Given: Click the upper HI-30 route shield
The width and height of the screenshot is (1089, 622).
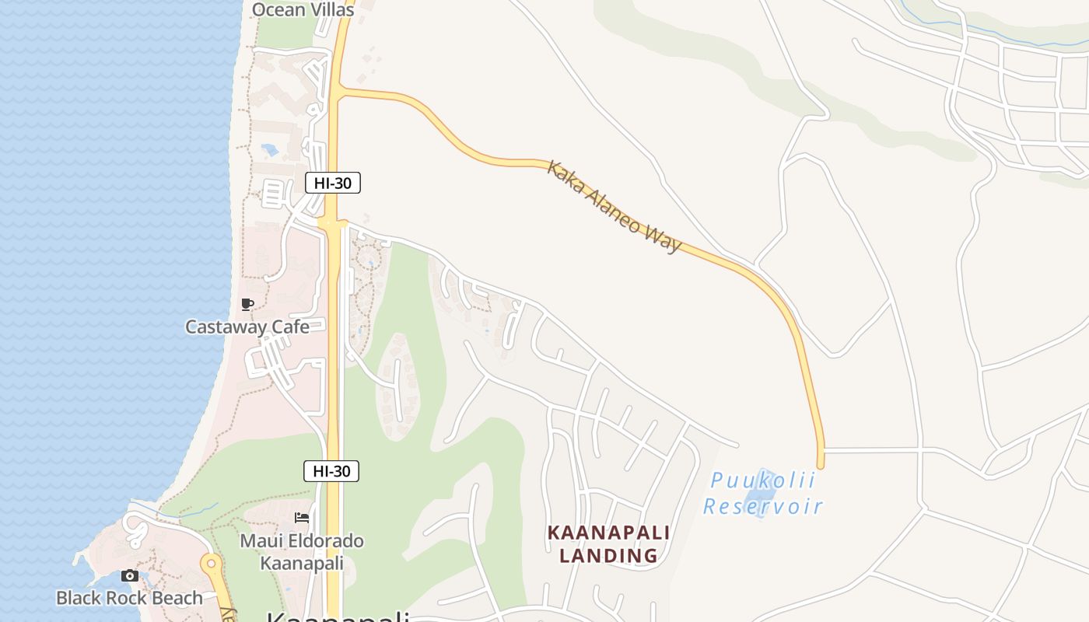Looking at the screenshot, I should click(333, 183).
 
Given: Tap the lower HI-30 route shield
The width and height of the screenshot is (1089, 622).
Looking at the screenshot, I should click(331, 470).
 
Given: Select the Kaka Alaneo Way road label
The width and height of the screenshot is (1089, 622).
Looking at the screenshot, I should click(614, 207).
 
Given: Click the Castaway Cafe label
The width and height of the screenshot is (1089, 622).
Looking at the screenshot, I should click(247, 327).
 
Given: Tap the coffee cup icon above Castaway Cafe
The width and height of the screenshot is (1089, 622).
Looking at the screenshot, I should click(247, 304).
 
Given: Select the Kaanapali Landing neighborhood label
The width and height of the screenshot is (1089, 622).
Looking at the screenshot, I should click(609, 544).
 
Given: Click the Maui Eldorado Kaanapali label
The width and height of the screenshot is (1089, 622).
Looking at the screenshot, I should click(302, 551).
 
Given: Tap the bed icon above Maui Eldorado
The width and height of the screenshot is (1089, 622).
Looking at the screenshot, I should click(302, 518).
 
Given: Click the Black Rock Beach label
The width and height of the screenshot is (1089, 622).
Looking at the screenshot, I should click(129, 598).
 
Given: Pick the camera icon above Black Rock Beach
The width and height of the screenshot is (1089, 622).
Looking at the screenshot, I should click(130, 576).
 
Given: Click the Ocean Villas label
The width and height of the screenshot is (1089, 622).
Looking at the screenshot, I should click(303, 10).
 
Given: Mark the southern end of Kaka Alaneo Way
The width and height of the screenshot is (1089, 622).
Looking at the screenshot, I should click(820, 465).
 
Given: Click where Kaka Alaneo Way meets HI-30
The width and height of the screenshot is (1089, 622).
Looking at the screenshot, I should click(338, 91).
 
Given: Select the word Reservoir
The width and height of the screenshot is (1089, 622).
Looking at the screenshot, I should click(762, 507).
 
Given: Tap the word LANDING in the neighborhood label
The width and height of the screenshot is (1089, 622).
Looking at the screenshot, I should click(609, 556).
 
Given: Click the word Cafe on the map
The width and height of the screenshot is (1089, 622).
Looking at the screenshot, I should click(289, 327).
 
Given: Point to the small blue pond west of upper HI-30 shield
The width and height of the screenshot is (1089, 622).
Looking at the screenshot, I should click(270, 149).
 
